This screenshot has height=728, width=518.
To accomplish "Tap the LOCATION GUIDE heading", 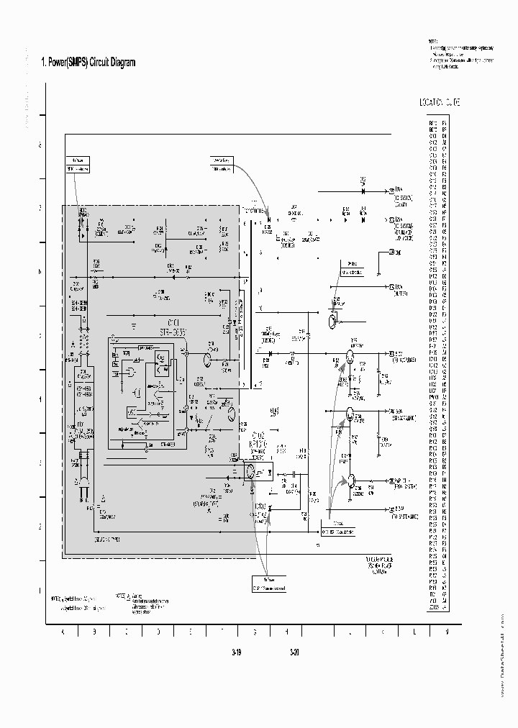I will [439, 103].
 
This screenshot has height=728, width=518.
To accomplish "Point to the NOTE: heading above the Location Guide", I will [432, 42].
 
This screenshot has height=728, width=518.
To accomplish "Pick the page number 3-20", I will [294, 654].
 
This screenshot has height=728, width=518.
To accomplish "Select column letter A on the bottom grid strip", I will [63, 631].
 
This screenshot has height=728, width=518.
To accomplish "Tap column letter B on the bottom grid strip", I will [94, 631].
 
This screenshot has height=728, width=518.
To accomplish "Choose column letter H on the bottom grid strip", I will [286, 631].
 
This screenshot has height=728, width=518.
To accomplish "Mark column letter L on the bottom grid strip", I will [414, 631].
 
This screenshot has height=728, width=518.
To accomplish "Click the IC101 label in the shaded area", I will [173, 322].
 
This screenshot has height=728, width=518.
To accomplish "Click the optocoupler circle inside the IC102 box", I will [250, 473].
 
